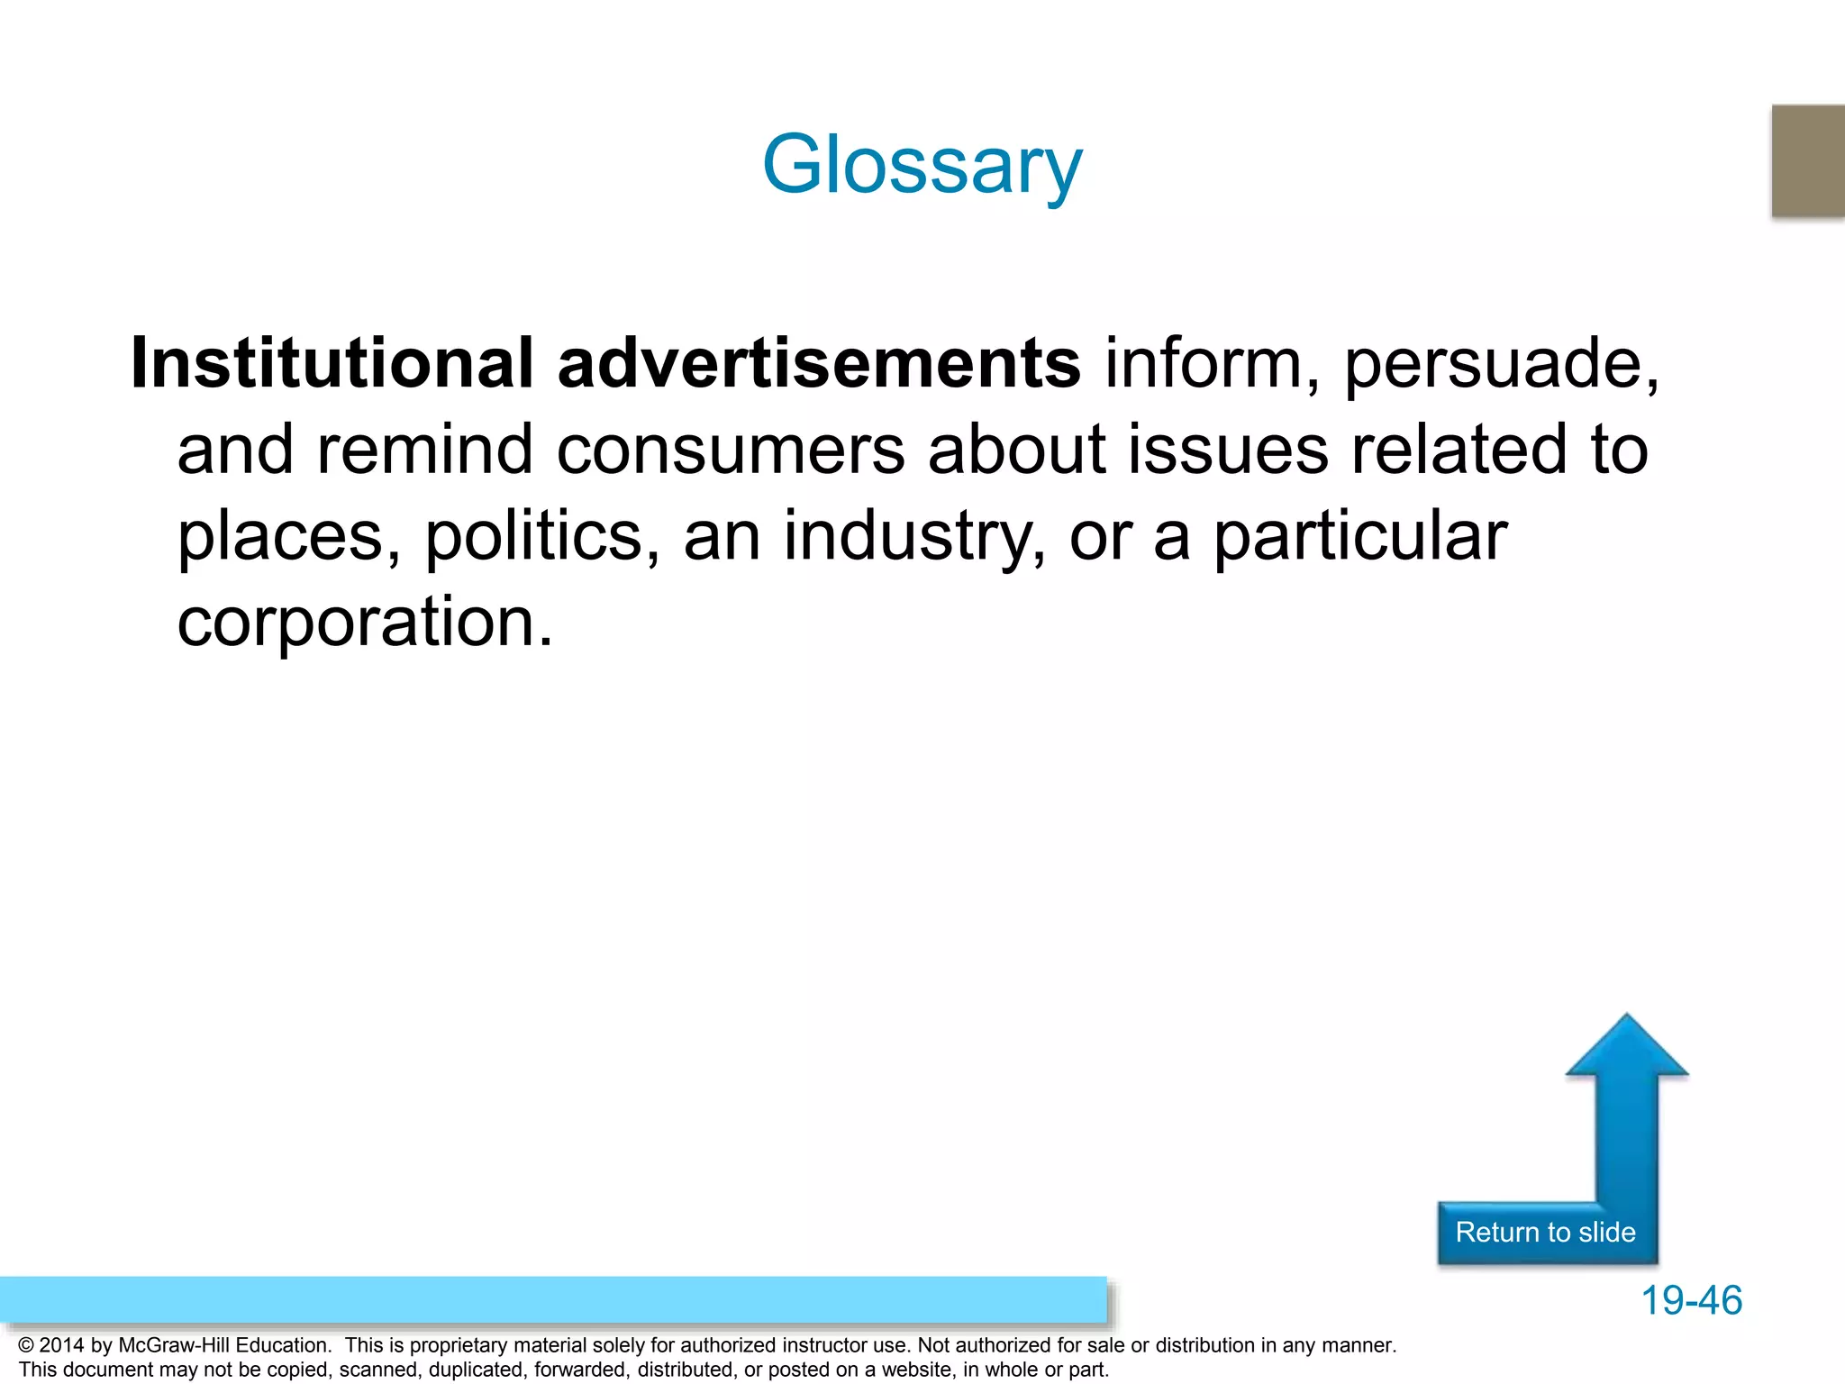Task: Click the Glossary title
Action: click(x=922, y=166)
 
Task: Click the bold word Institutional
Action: click(x=332, y=363)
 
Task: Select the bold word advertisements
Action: click(x=819, y=363)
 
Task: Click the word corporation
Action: click(x=364, y=623)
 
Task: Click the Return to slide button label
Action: click(x=1545, y=1233)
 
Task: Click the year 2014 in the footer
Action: click(x=61, y=1346)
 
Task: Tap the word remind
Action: click(x=424, y=450)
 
